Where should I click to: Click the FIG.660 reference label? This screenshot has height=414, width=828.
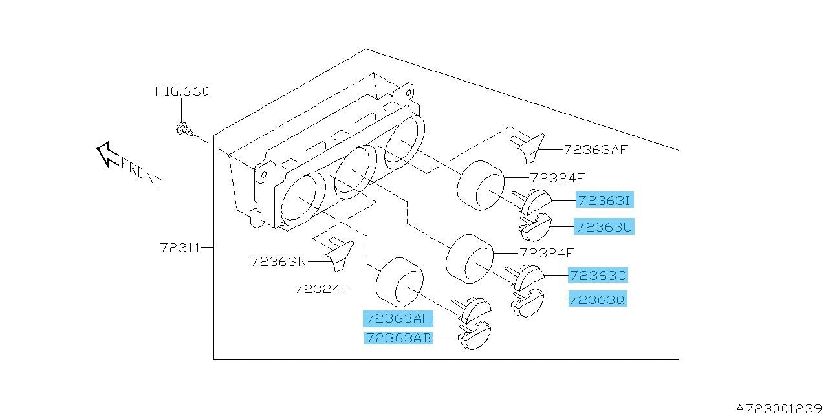click(182, 91)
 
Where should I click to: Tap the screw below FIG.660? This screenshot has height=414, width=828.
click(184, 129)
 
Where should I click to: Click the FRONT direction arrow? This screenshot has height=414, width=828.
click(107, 154)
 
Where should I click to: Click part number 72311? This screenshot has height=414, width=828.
click(180, 248)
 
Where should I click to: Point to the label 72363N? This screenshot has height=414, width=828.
click(279, 262)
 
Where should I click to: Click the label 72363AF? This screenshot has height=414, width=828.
click(596, 149)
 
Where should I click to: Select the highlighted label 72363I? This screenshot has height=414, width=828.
click(605, 200)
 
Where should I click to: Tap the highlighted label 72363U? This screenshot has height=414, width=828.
click(604, 226)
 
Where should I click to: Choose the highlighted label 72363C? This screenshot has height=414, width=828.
click(598, 276)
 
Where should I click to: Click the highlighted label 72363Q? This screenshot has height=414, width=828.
click(598, 299)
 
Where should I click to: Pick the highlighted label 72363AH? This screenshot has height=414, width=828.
click(398, 318)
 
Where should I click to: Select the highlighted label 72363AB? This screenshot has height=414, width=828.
click(398, 338)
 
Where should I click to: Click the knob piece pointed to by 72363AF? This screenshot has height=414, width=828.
click(529, 149)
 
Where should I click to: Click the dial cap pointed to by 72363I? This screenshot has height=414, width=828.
click(532, 202)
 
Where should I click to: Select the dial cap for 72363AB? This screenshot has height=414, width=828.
click(475, 336)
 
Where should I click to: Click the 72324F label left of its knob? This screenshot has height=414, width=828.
click(322, 289)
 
